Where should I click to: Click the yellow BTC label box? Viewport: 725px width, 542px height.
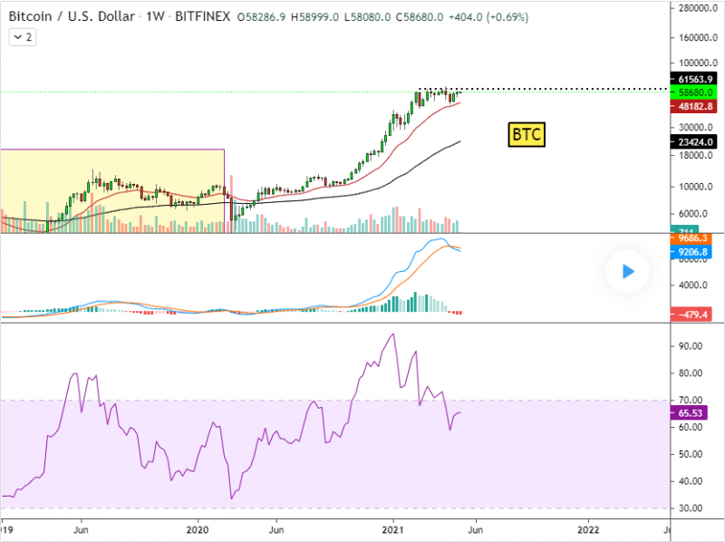tap(527, 135)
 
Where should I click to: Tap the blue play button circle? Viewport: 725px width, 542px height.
tap(627, 271)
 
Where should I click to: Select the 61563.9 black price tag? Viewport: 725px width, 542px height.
tap(693, 79)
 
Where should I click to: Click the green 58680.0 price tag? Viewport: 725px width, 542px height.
tap(693, 92)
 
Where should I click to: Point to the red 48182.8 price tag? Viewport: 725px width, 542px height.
tap(693, 106)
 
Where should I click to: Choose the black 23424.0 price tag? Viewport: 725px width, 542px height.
tap(693, 141)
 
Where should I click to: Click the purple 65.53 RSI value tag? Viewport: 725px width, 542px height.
tap(693, 412)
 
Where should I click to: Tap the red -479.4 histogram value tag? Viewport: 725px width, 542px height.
tap(693, 314)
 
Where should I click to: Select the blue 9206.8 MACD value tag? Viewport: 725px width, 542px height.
tap(693, 252)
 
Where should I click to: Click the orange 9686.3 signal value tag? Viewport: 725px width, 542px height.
tap(693, 238)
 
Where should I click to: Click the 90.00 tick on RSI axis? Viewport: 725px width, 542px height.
tap(691, 346)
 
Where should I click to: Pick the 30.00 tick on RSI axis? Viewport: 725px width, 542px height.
tap(691, 508)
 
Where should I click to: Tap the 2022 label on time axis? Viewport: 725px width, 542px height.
tap(588, 528)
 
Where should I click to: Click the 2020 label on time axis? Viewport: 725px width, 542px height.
tap(198, 528)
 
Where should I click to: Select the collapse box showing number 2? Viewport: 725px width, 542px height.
tap(23, 37)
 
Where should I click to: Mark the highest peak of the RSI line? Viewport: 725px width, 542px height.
tap(392, 334)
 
